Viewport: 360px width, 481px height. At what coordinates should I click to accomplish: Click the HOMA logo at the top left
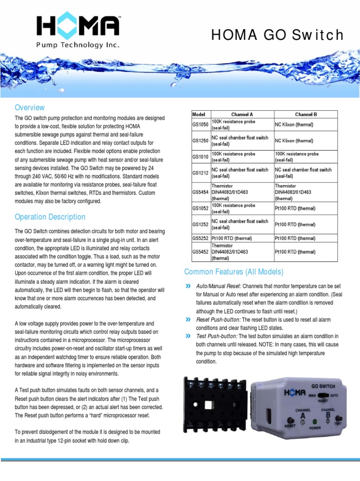[x=78, y=31]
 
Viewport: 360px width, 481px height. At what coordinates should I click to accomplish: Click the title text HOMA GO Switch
[x=277, y=35]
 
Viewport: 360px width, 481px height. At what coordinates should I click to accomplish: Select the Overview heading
[x=30, y=107]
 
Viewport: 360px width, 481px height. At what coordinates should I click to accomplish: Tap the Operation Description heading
[x=50, y=217]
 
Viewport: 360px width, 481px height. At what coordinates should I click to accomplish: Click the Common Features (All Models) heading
[x=234, y=272]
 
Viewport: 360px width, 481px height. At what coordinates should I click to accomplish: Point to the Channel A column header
[x=242, y=114]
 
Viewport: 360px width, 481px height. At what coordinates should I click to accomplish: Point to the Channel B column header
[x=306, y=114]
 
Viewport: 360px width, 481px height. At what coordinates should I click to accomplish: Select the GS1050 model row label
[x=200, y=124]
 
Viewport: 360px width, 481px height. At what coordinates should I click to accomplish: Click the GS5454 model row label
[x=200, y=192]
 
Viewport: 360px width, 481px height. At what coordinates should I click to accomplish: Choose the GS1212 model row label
[x=200, y=173]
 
